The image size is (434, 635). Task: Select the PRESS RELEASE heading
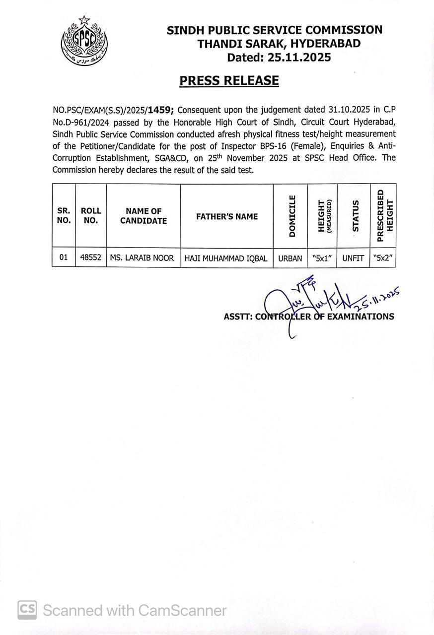pyautogui.click(x=229, y=80)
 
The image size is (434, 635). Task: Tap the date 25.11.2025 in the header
pyautogui.click(x=299, y=58)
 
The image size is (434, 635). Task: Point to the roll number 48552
pyautogui.click(x=90, y=258)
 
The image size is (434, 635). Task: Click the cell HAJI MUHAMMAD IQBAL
pyautogui.click(x=226, y=258)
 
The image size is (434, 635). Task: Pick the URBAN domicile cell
pyautogui.click(x=290, y=258)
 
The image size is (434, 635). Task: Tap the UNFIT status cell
pyautogui.click(x=353, y=258)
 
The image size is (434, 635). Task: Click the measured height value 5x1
pyautogui.click(x=322, y=258)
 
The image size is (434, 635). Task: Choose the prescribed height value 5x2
pyautogui.click(x=382, y=258)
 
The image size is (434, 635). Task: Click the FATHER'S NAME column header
pyautogui.click(x=227, y=216)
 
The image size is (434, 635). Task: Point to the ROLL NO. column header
pyautogui.click(x=90, y=216)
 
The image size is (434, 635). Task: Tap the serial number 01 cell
pyautogui.click(x=63, y=258)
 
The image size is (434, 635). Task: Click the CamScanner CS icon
pyautogui.click(x=27, y=610)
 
